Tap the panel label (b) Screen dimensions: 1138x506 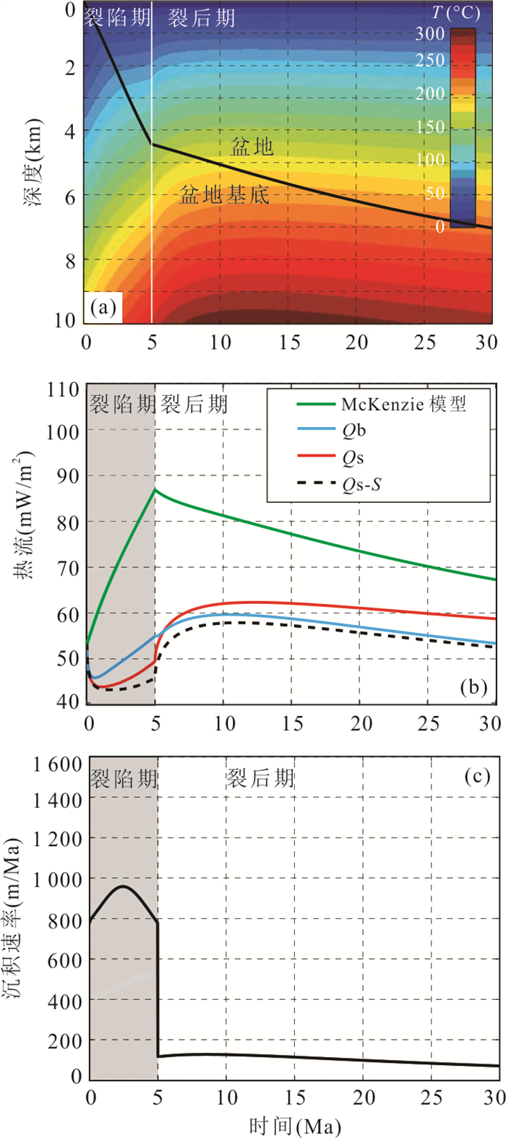tap(473, 686)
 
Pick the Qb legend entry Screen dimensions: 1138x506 tap(353, 431)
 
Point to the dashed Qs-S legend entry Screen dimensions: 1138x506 tap(361, 484)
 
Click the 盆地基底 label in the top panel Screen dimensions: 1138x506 tap(224, 195)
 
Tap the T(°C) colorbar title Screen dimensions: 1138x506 tap(455, 13)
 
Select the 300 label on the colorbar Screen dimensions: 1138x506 tap(430, 33)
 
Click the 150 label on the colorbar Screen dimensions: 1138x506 tap(430, 127)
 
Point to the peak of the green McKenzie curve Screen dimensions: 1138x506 tap(155, 490)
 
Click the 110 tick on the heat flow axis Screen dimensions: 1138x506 tap(64, 390)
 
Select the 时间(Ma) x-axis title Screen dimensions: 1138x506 tap(294, 1125)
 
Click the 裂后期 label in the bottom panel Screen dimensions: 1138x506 tap(260, 778)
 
